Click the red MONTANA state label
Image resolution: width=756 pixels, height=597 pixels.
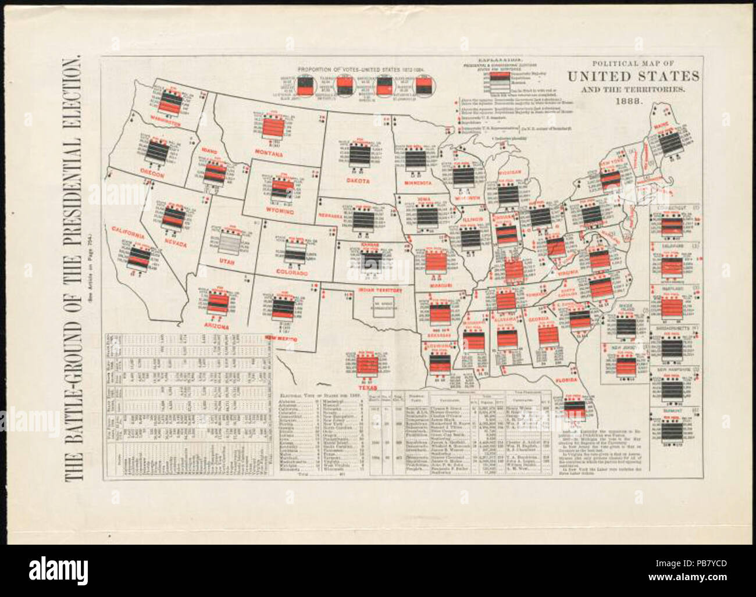coord(268,154)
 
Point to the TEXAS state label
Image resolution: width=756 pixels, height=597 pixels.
coord(368,387)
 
